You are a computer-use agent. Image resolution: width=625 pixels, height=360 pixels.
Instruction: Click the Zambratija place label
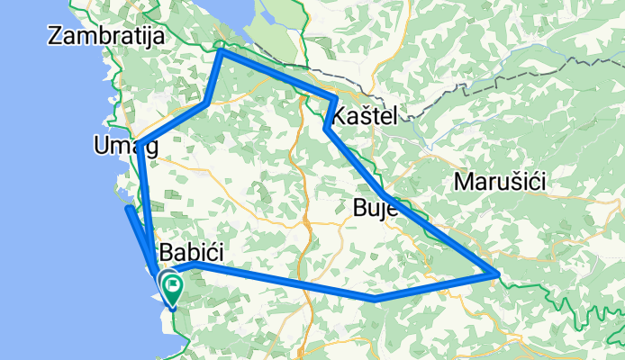[x=108, y=37]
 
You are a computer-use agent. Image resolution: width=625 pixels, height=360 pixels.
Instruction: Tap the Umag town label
[x=125, y=146]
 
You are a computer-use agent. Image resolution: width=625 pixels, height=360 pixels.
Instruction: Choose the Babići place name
[x=192, y=251]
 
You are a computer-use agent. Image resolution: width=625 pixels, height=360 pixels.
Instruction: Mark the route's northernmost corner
[x=222, y=52]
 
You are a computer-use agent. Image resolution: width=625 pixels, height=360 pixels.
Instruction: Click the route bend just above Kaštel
[x=335, y=98]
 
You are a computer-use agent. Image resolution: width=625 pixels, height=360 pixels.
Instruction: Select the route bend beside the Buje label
[x=385, y=195]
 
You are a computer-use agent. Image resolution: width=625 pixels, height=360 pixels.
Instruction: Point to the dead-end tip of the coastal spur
[x=129, y=209]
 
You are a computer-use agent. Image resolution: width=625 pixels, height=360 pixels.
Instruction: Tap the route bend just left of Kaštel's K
[x=326, y=129]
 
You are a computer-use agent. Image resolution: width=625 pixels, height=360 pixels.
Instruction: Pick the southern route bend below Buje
[x=378, y=297]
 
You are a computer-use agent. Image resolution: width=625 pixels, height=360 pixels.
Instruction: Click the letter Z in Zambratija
[x=59, y=37]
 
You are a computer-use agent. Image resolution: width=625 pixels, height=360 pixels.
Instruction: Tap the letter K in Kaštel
[x=340, y=115]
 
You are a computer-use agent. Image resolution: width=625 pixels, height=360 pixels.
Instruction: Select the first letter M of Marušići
[x=465, y=182]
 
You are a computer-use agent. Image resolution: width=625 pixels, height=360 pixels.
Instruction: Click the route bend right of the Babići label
[x=200, y=265]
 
